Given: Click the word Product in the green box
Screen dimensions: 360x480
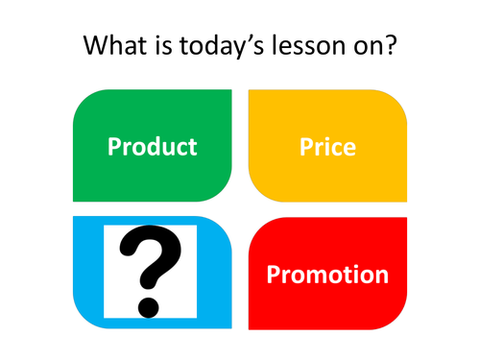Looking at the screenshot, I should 152,147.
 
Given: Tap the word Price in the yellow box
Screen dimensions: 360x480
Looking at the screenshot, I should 327,147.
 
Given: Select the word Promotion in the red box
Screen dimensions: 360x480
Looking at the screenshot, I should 327,276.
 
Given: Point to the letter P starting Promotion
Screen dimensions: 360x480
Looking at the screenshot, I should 273,276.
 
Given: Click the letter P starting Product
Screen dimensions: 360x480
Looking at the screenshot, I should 113,147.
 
